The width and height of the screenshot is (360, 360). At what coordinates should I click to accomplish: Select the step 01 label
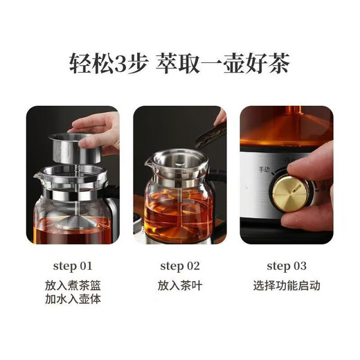[72, 266]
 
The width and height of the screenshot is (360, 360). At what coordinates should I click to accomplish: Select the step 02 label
[179, 266]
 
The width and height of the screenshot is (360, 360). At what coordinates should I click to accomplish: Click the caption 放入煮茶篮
[72, 285]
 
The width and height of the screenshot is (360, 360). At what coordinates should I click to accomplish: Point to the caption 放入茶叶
[179, 285]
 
